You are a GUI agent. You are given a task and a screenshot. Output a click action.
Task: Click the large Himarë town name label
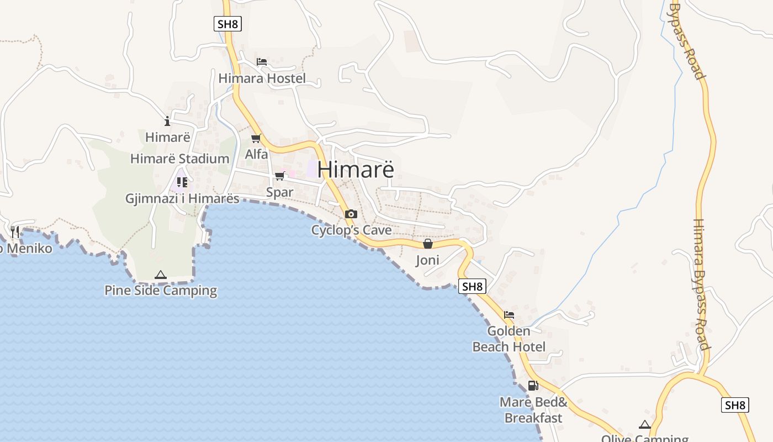coord(356,169)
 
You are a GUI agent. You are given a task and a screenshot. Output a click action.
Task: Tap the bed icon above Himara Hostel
coord(262,62)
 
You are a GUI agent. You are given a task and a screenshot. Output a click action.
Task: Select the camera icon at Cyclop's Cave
coord(351,214)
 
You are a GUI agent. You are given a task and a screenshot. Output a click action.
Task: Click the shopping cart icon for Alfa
coord(256,138)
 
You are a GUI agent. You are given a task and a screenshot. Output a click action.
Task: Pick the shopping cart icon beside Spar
coord(280,176)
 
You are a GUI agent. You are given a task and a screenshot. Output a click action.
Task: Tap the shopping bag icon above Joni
coord(427,244)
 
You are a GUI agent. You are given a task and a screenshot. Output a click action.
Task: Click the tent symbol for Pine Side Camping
coord(161,275)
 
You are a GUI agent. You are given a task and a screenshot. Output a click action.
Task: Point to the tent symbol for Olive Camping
coord(644,424)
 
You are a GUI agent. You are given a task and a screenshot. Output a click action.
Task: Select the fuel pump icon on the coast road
coord(533,386)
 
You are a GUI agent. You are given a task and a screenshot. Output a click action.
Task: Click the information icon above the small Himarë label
coord(167,121)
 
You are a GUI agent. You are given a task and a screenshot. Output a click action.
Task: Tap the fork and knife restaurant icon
coord(15,231)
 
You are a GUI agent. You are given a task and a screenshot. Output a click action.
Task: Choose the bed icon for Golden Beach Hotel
coord(509,315)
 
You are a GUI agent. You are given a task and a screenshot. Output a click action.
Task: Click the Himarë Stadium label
coord(179,159)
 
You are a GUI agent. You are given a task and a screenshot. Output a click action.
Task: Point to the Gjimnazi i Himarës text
coord(182,198)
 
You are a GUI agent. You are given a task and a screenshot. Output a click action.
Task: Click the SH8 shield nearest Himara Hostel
coord(227,24)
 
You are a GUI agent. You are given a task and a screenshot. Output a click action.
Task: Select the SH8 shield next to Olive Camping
coord(735,405)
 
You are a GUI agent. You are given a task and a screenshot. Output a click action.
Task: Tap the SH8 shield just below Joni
coord(472,286)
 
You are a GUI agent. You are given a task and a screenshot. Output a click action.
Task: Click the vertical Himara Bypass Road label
coord(700,285)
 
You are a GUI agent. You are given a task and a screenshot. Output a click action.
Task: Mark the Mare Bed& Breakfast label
coord(533,410)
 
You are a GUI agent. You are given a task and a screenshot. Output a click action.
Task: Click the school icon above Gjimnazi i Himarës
coord(182,181)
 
